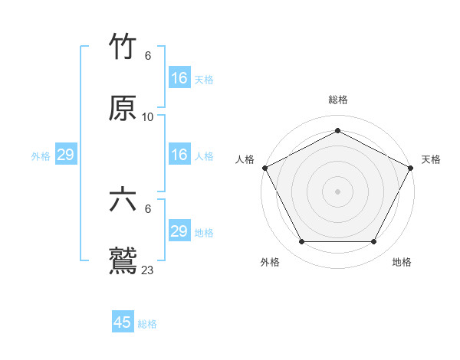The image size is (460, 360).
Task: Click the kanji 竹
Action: pos(123,47)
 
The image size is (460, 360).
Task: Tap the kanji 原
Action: pos(123,109)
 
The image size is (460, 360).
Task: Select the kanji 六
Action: pos(123,200)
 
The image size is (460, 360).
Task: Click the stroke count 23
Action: pos(148,270)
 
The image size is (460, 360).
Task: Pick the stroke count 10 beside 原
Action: pos(148,117)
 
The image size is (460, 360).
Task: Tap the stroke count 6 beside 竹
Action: pos(148,56)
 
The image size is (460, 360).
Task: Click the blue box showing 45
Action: pos(123,322)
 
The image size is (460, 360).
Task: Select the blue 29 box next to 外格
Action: pos(65,155)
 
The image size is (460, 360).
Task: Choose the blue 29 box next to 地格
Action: pos(179,231)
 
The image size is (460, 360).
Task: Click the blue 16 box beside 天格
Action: pos(179,78)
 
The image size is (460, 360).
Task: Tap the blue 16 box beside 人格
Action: pos(179,155)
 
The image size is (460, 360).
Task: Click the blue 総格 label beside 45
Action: pos(147,324)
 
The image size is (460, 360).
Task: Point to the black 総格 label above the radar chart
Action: pos(338,100)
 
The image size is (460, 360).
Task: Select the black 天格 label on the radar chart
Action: pos(432,159)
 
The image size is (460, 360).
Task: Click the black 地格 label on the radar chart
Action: pos(402,262)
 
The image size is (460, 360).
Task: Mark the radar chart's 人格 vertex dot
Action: pos(264,167)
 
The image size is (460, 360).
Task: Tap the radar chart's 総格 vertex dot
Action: pos(338,131)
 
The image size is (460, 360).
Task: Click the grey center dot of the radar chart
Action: pos(338,191)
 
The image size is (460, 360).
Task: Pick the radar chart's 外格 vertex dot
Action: pos(301,242)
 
